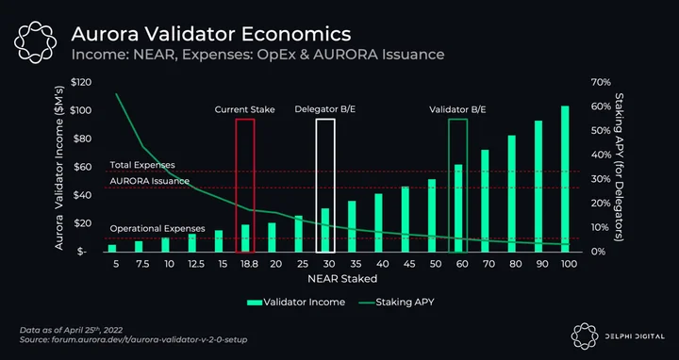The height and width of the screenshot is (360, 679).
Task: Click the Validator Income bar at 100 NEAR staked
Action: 565,179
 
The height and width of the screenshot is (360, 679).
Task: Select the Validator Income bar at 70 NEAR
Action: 485,201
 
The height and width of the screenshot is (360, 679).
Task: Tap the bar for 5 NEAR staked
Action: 112,249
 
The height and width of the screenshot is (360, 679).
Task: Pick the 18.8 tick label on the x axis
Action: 249,264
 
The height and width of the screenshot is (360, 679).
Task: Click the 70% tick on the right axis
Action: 601,82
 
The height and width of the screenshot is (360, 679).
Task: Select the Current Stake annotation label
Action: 244,109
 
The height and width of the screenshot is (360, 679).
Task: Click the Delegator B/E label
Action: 325,109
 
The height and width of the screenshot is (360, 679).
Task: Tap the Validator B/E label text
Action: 457,109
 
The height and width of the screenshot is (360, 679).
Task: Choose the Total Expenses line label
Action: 142,165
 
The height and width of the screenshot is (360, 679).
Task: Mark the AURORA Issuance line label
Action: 150,181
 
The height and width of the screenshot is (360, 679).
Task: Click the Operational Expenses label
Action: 157,228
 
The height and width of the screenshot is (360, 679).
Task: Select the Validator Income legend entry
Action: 296,302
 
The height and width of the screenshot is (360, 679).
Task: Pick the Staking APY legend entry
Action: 397,302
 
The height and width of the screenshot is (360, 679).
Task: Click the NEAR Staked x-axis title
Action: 342,279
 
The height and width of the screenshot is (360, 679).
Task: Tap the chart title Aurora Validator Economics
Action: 211,34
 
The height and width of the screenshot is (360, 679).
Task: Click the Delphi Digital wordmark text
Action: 635,336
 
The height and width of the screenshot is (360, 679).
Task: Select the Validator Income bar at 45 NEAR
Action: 405,219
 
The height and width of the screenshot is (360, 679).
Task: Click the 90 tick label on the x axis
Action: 538,264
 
